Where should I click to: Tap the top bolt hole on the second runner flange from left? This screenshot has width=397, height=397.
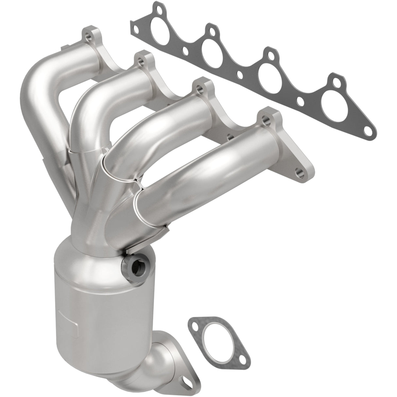click(141, 60)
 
